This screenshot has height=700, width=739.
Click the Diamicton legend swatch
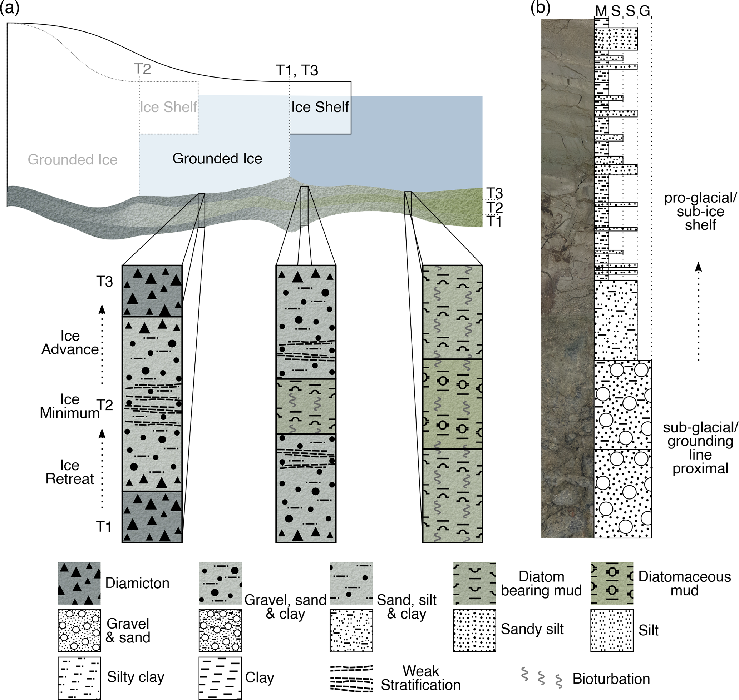pyautogui.click(x=79, y=583)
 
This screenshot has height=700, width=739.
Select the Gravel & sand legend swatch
pyautogui.click(x=79, y=631)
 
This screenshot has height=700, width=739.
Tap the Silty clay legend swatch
pyautogui.click(x=79, y=678)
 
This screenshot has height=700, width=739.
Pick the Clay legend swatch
pyautogui.click(x=220, y=678)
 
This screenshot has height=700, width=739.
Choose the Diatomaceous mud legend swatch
pyautogui.click(x=612, y=583)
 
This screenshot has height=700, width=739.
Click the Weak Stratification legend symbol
pyautogui.click(x=351, y=677)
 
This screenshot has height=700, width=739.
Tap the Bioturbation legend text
pyautogui.click(x=611, y=679)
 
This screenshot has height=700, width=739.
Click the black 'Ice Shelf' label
pyautogui.click(x=320, y=107)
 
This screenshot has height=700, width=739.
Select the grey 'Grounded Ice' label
pyautogui.click(x=73, y=159)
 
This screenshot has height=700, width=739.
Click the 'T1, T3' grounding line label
pyautogui.click(x=297, y=70)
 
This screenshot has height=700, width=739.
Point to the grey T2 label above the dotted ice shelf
pyautogui.click(x=142, y=69)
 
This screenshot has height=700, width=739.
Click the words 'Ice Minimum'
pyautogui.click(x=70, y=406)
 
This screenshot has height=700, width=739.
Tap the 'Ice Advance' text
pyautogui.click(x=70, y=343)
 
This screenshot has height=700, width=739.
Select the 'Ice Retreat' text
pyautogui.click(x=70, y=472)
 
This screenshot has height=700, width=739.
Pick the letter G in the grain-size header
pyautogui.click(x=645, y=11)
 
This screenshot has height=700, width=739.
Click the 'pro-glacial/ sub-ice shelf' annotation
pyautogui.click(x=700, y=212)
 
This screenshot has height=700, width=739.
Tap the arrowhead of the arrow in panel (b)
pyautogui.click(x=698, y=267)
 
